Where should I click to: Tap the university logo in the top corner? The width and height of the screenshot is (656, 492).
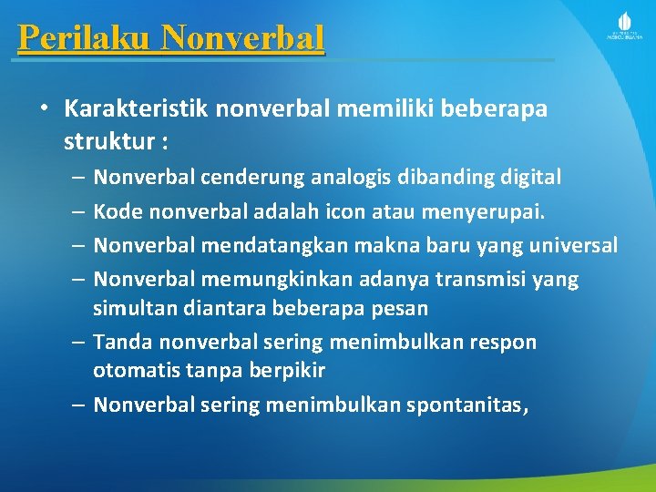point(624,27)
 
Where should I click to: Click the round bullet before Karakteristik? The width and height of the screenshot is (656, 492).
point(43,109)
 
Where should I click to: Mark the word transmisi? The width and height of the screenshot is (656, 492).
point(484,279)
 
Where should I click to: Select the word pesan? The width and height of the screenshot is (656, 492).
point(399,308)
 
